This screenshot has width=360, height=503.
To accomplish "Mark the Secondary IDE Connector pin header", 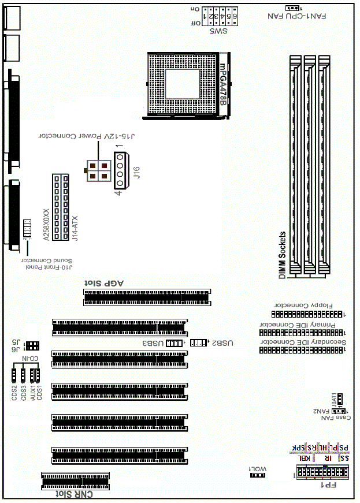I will (x=300, y=350).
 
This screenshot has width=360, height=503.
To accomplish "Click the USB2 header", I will (x=198, y=343).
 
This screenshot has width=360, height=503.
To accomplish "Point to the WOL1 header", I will (x=257, y=475).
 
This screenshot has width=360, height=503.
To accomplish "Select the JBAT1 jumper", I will (x=340, y=398).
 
